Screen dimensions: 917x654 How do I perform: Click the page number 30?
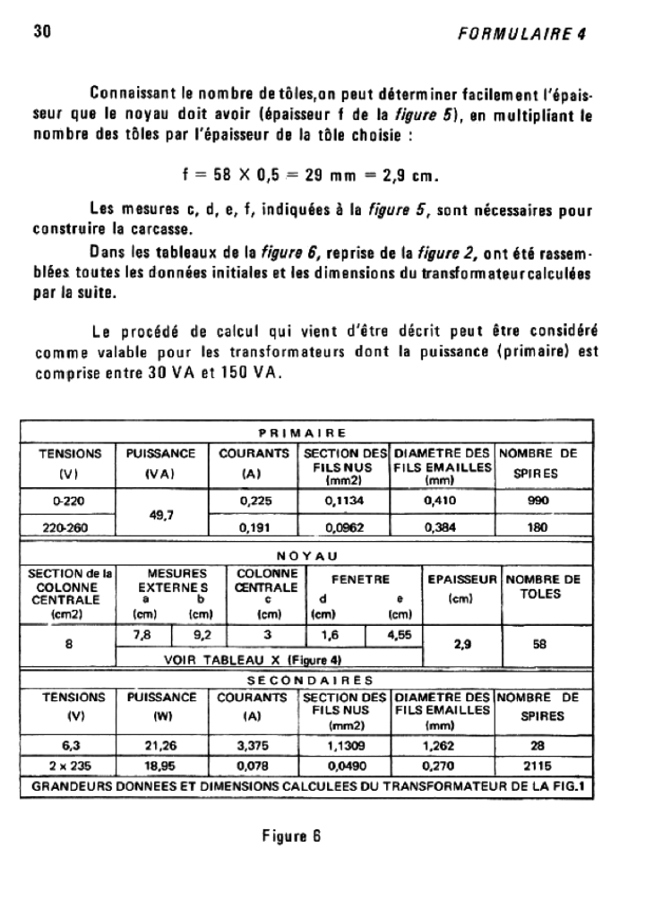pyautogui.click(x=40, y=33)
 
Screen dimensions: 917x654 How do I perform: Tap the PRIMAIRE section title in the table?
pyautogui.click(x=306, y=434)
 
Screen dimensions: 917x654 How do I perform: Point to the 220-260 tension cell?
pyautogui.click(x=68, y=527)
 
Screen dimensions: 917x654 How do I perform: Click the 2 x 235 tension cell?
pyautogui.click(x=68, y=766)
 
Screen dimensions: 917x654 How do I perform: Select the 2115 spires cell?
pyautogui.click(x=538, y=766)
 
